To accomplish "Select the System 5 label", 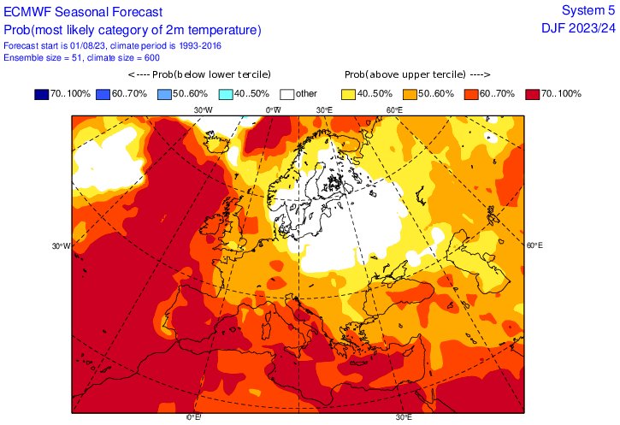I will click(588, 10).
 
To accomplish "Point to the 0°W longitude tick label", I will click(273, 110).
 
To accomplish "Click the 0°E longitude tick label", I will click(194, 417).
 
